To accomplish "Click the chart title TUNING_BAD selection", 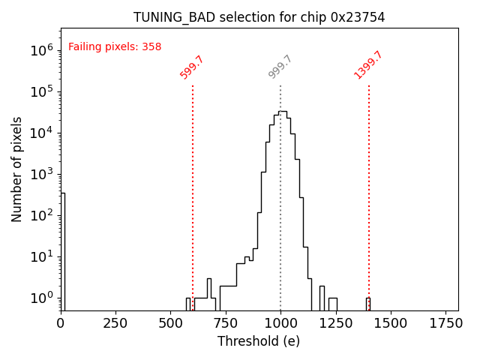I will pyautogui.click(x=259, y=17).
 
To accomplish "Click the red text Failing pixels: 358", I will pyautogui.click(x=115, y=46).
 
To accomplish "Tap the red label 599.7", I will pyautogui.click(x=192, y=67).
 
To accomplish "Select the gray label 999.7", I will pyautogui.click(x=280, y=67).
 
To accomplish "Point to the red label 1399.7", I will pyautogui.click(x=368, y=65).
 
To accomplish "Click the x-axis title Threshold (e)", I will pyautogui.click(x=259, y=341).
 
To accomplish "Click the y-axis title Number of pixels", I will pyautogui.click(x=17, y=169).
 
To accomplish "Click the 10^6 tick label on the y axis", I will pyautogui.click(x=41, y=50).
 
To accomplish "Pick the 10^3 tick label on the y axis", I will pyautogui.click(x=41, y=174).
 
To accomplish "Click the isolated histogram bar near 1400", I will pyautogui.click(x=368, y=304).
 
